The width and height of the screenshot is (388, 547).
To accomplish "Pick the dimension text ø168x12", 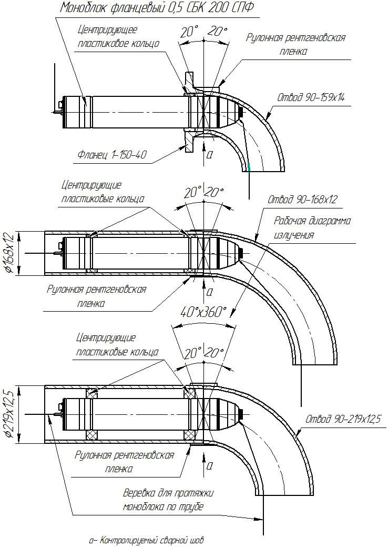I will coord(9,253).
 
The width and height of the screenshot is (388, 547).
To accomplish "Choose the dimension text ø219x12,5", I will coord(9,412).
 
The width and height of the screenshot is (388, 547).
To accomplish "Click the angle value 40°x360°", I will coord(203,312).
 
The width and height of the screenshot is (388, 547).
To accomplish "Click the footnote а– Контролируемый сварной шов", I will coord(146,540).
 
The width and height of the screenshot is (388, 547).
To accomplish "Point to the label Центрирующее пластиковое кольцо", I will coord(118,37).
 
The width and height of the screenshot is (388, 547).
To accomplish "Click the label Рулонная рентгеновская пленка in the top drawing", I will coord(296,44).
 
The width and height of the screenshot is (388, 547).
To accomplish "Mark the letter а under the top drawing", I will coord(210,154).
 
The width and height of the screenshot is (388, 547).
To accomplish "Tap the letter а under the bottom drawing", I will coord(210,465).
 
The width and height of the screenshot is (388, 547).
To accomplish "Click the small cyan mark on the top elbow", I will coord(249,167).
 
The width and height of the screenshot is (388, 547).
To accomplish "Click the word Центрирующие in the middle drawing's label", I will coord(91,185).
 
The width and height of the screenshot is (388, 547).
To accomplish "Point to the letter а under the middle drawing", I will coord(210,291).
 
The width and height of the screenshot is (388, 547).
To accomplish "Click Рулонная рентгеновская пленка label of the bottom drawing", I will coord(124,461).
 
